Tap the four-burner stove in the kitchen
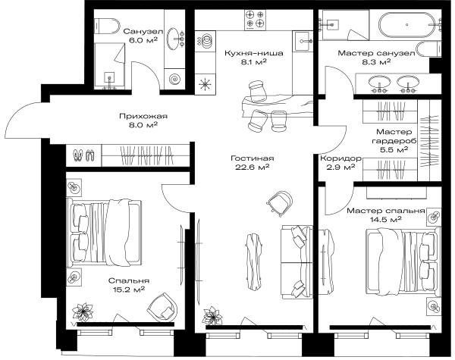255,20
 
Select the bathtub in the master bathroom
406,25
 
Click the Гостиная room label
253,158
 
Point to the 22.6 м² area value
253,167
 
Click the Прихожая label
143,116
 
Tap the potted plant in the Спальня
83,312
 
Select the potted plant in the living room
213,315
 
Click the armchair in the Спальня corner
163,308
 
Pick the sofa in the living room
297,262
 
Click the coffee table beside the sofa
255,261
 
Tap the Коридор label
340,158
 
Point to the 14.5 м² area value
386,219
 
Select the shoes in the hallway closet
84,155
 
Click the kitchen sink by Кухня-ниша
303,41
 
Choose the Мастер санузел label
376,53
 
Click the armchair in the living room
280,203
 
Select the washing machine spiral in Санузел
174,79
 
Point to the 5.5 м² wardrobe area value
394,150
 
